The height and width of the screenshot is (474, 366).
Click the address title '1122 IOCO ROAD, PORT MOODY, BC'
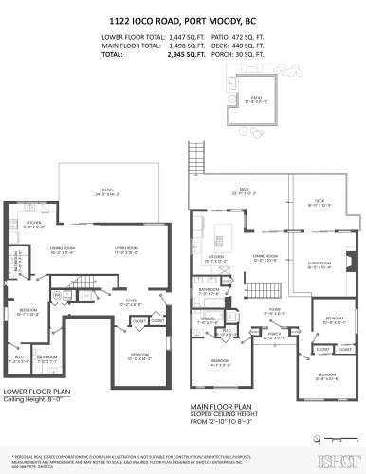[183, 16]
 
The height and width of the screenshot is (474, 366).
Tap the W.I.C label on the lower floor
[16, 359]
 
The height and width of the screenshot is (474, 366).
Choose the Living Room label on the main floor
[319, 264]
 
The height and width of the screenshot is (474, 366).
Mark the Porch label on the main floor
[274, 335]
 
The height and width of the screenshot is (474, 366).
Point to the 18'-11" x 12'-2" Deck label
[318, 201]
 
